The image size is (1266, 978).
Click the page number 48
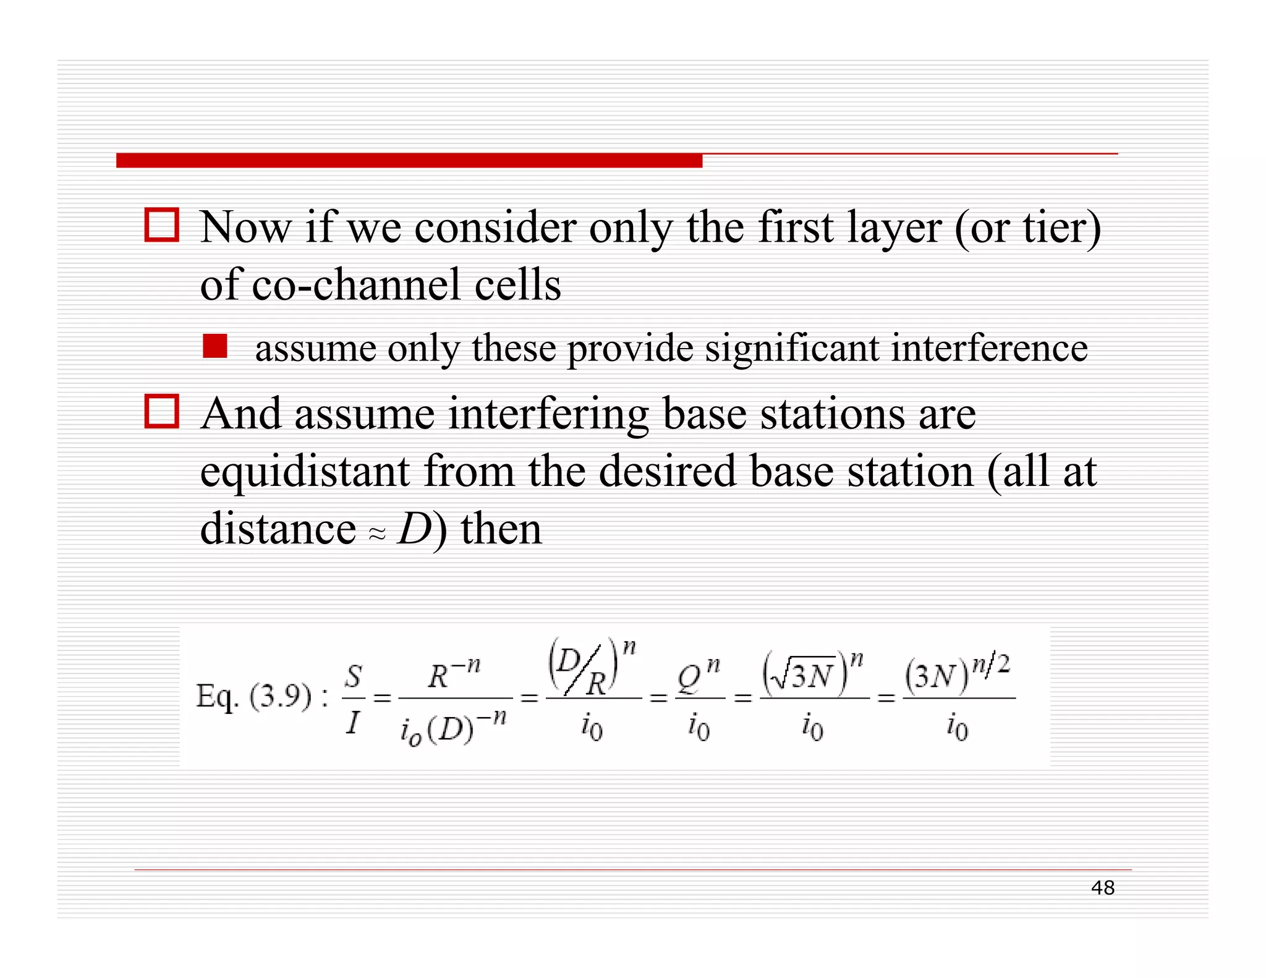[1102, 888]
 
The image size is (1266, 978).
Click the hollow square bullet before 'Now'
[162, 225]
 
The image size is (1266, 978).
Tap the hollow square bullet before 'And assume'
[162, 411]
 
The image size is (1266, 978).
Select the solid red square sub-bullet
[215, 346]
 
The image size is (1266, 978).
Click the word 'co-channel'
[356, 285]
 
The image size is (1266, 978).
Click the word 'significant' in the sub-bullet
[792, 348]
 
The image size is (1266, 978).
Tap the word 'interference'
[988, 348]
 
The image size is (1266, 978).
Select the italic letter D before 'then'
[414, 529]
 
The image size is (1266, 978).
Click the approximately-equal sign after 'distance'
[377, 534]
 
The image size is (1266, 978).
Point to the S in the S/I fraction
[353, 676]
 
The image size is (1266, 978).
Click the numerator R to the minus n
[454, 674]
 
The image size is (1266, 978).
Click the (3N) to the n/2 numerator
[957, 674]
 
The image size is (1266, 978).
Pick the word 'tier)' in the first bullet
[1061, 227]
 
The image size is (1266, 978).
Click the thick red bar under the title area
[409, 161]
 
